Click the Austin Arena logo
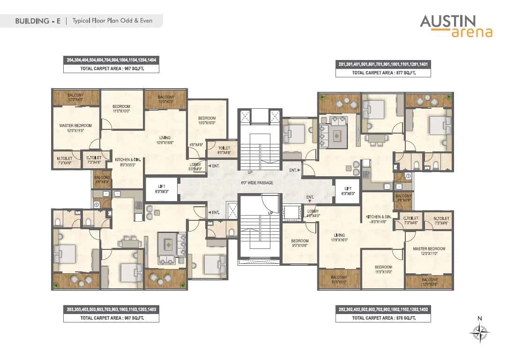coord(455,25)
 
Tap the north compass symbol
coord(479,332)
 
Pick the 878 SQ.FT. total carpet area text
coord(383,318)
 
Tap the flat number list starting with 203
coord(111,309)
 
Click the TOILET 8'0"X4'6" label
coord(224,150)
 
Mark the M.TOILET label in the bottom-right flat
coord(441,221)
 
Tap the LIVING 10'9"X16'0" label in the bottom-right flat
coord(339,237)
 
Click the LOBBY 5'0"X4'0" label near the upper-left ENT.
coord(195,167)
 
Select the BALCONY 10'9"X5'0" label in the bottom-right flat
coord(339,280)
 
